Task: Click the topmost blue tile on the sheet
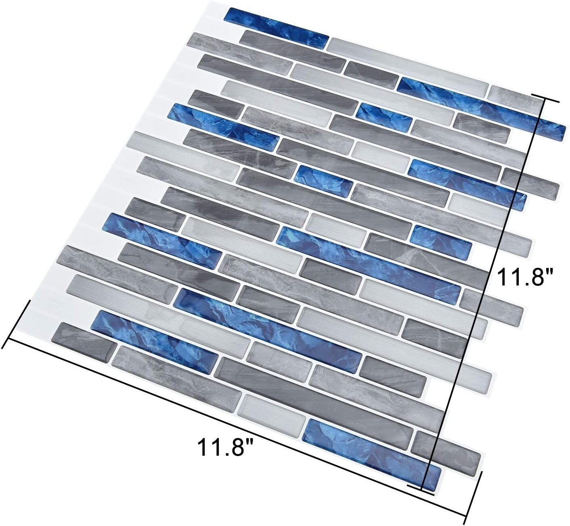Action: pos(276,26)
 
